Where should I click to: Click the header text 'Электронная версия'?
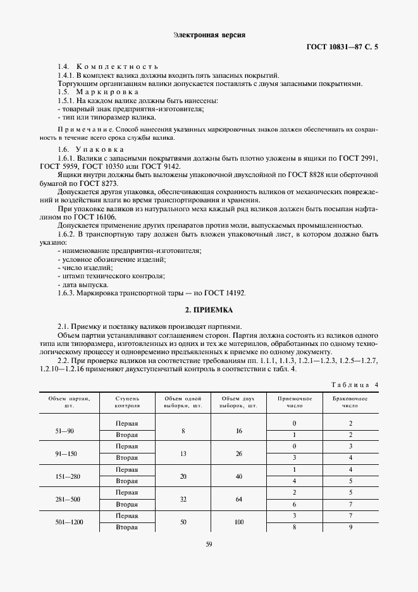pyautogui.click(x=209, y=35)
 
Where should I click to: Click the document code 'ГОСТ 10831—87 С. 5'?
pyautogui.click(x=341, y=47)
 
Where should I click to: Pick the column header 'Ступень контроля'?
pyautogui.click(x=127, y=403)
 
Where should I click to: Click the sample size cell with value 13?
pyautogui.click(x=183, y=453)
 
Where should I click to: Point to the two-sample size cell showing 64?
pyautogui.click(x=238, y=498)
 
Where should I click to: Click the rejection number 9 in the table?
pyautogui.click(x=350, y=526)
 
